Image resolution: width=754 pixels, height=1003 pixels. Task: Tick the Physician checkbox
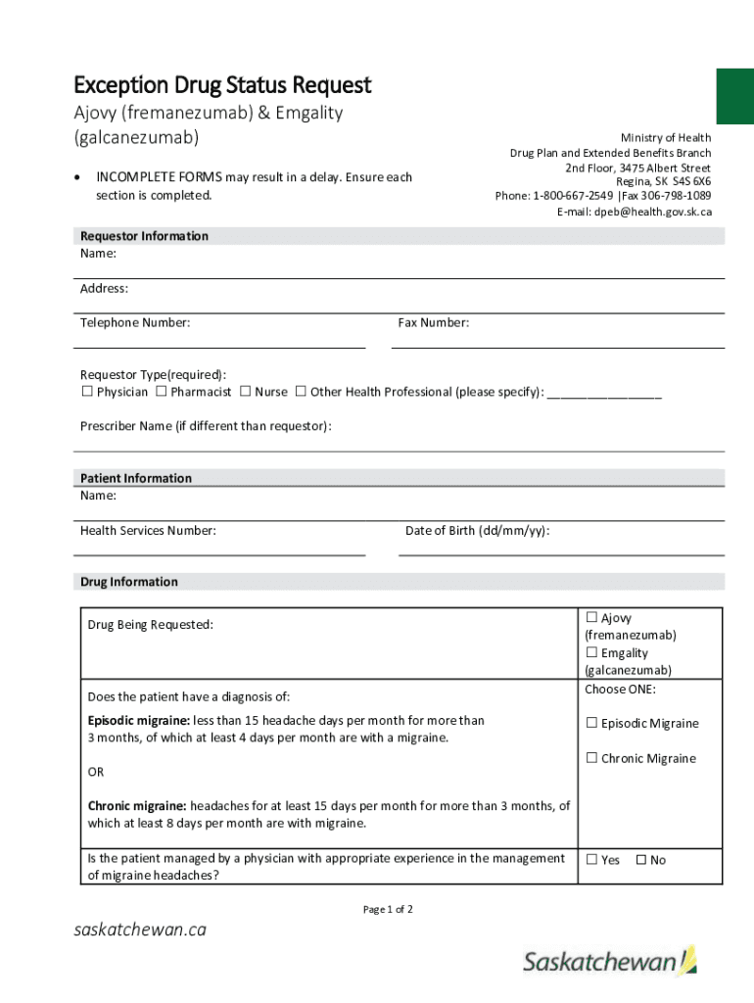(x=87, y=392)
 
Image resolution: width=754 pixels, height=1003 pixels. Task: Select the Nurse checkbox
(x=245, y=392)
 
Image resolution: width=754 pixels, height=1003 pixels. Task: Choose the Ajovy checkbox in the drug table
(x=591, y=618)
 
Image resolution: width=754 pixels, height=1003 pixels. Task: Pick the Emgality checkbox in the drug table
(x=591, y=653)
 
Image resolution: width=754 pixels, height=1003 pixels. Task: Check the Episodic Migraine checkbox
(x=591, y=724)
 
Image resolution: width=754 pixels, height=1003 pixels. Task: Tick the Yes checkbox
(x=591, y=860)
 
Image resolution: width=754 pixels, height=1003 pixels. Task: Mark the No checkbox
(x=641, y=860)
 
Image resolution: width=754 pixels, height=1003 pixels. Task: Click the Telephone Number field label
(x=135, y=323)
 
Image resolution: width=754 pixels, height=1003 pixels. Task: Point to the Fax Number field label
(x=433, y=323)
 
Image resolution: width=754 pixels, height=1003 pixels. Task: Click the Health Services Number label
(x=148, y=531)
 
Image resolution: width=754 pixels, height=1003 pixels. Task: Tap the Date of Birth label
(x=477, y=531)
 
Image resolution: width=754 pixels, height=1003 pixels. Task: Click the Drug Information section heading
(x=129, y=582)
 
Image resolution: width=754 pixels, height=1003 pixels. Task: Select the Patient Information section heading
(x=136, y=478)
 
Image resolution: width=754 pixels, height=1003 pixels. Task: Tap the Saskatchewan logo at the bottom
(x=610, y=962)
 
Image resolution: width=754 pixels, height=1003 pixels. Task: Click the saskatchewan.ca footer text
(x=141, y=930)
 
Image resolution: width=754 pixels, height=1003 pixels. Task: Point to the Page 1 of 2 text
(x=388, y=910)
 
